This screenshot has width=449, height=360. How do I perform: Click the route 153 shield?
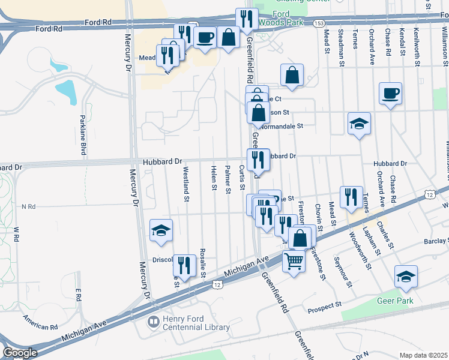[316, 23]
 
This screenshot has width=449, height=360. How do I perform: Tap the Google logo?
[20, 353]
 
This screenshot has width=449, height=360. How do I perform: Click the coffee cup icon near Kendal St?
[390, 94]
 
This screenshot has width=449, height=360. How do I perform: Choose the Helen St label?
[214, 178]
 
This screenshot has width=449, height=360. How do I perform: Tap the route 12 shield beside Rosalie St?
[216, 285]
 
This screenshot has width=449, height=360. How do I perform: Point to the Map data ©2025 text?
[423, 355]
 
